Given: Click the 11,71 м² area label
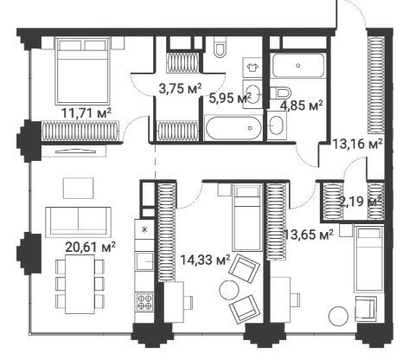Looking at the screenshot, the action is point(86,112).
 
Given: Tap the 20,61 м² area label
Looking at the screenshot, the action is point(91,247).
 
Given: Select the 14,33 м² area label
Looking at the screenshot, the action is point(205,260).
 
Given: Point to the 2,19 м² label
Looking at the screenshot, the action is point(361,201).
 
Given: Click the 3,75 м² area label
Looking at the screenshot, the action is point(180,88).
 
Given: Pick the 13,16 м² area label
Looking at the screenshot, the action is point(357,144).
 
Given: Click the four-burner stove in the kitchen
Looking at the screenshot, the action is point(144,301).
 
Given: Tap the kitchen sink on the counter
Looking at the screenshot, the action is point(144,261).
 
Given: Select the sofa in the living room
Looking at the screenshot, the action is point(79,221).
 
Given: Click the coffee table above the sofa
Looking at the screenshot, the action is point(79,188).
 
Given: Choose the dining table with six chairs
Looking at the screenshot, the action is point(80,284).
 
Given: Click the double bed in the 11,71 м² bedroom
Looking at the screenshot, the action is point(83,71).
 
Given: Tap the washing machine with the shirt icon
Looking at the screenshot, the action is point(252,67).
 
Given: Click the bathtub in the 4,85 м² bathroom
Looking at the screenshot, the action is point(298,66).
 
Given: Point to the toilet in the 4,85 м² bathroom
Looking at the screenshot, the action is point(281,93).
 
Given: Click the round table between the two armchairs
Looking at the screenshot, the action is point(229,290).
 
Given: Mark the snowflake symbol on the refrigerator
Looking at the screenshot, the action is point(145,229).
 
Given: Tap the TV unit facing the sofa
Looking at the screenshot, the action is point(73,151).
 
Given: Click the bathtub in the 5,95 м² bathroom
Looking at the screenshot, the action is point(233,128).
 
